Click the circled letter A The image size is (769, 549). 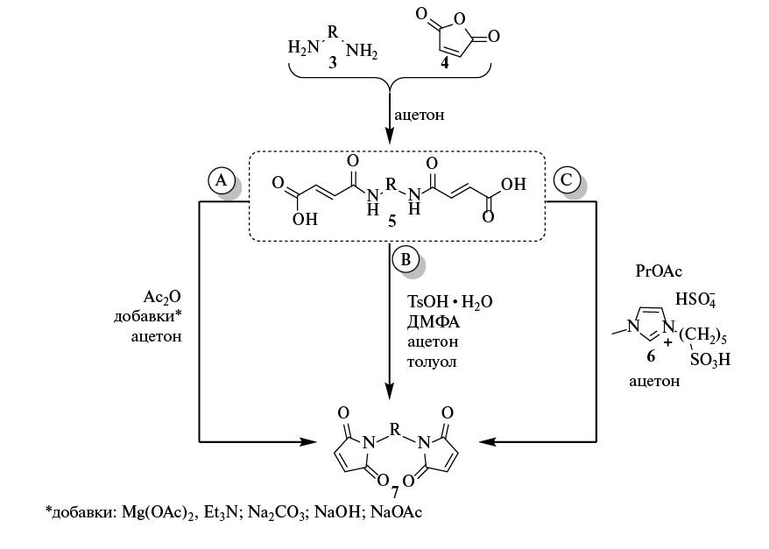pyautogui.click(x=222, y=179)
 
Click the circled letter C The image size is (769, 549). pyautogui.click(x=565, y=180)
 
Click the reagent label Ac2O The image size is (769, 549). pyautogui.click(x=166, y=298)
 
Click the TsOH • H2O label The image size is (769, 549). pyautogui.click(x=449, y=301)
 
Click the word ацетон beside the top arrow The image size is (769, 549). pyautogui.click(x=420, y=115)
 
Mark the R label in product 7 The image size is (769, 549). pyautogui.click(x=396, y=430)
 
